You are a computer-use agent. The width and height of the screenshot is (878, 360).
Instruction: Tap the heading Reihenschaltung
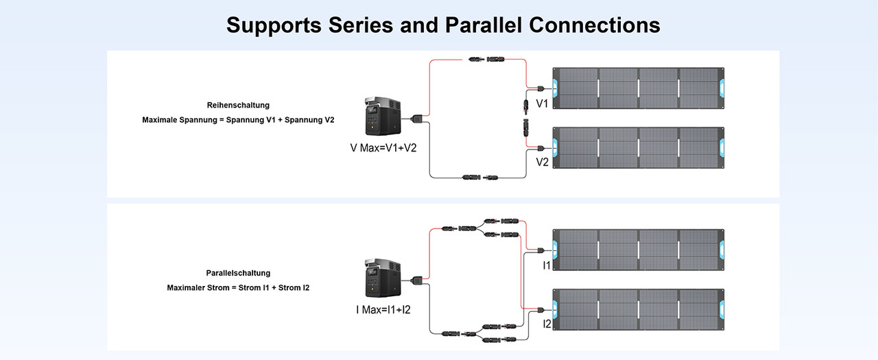pos(238,106)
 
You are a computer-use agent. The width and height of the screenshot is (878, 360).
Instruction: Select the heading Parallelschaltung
pos(238,273)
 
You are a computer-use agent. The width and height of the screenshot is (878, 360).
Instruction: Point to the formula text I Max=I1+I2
pos(383,310)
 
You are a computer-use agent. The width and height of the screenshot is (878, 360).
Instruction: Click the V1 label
pos(542,104)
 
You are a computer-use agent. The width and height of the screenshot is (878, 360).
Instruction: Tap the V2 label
pos(542,163)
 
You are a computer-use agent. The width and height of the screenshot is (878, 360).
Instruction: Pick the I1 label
pos(547,265)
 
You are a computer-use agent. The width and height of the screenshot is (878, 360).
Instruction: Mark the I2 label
pos(547,324)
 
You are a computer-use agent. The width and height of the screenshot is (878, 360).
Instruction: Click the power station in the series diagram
pos(382,118)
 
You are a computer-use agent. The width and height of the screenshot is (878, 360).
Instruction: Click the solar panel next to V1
pos(638,88)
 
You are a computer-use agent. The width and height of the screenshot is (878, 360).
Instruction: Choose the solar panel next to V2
pos(638,147)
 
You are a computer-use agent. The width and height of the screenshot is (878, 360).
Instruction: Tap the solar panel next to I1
pos(638,250)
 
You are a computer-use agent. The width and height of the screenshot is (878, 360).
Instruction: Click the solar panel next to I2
pos(638,309)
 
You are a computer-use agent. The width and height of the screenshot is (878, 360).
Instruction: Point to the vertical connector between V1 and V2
pos(523,117)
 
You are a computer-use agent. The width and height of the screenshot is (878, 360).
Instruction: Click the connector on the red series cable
pos(484,60)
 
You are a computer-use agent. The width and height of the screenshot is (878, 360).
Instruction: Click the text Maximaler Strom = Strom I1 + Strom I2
pos(238,287)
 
